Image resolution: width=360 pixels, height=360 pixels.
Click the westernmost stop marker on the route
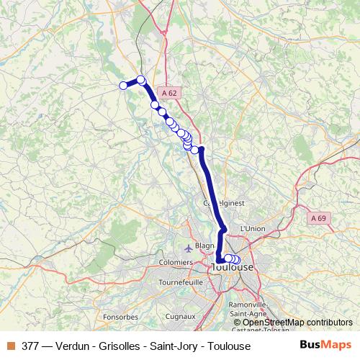point(123,86)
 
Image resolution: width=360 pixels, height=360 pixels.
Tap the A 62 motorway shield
point(169,93)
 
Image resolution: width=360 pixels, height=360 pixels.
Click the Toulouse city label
point(233,267)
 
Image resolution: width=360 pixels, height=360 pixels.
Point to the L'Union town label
point(252,228)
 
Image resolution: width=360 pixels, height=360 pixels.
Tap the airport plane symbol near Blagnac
point(189,248)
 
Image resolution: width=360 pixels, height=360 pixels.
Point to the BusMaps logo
point(325,345)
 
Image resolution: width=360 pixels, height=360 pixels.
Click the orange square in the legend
point(10,346)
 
